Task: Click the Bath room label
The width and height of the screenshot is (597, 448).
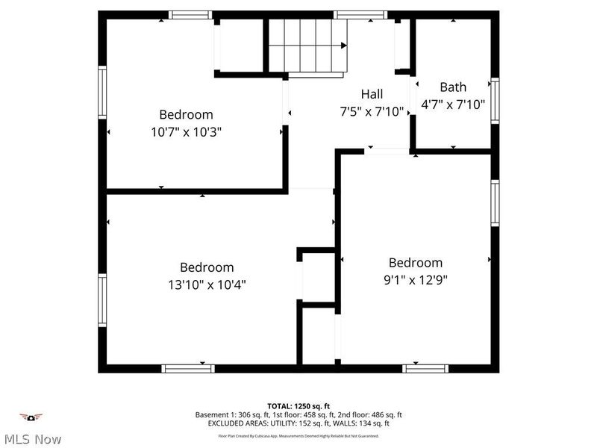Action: coord(453,87)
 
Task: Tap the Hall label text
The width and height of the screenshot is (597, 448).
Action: coord(372,94)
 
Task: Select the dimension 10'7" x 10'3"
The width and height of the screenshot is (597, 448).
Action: coord(186,131)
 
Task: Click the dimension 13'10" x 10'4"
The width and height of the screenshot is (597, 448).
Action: coord(207,284)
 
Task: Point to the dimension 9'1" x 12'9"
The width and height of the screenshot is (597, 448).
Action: coord(415,280)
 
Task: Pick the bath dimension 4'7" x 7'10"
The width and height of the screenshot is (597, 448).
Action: coord(453,105)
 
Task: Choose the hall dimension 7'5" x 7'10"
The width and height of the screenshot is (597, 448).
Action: coord(372,112)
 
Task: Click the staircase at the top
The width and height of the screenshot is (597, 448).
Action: coord(308,45)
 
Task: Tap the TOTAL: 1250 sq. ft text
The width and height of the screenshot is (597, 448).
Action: coord(298,406)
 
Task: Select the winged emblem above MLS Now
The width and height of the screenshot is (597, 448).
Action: coord(31,417)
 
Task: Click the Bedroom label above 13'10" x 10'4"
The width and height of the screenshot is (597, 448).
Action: coord(207,267)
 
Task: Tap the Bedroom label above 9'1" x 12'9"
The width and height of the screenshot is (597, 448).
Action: coord(415,263)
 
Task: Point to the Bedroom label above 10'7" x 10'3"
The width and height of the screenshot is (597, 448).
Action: coord(186,114)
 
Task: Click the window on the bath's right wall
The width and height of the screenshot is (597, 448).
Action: coord(495,101)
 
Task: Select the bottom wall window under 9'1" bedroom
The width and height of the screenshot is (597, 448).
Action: coord(425,368)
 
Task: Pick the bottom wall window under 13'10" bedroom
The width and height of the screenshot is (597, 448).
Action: coord(188,368)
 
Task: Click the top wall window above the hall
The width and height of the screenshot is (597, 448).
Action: coord(360,14)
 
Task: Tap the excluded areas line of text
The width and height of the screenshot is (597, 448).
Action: coord(298,423)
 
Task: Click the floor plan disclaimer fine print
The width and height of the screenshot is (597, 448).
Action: coord(298,436)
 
